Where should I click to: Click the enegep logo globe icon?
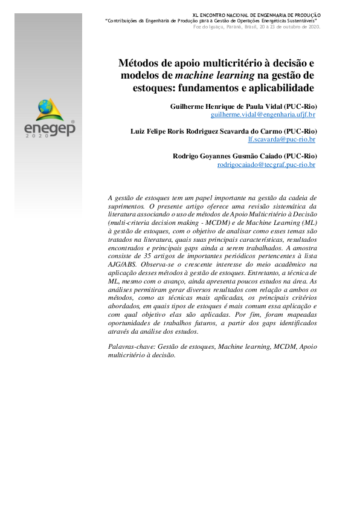(45, 108)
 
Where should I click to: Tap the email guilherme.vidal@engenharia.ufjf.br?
(263, 114)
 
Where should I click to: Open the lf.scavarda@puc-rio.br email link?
(281, 139)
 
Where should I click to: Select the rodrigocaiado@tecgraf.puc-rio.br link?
(266, 164)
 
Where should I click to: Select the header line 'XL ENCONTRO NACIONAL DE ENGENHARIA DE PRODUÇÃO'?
(257, 15)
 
